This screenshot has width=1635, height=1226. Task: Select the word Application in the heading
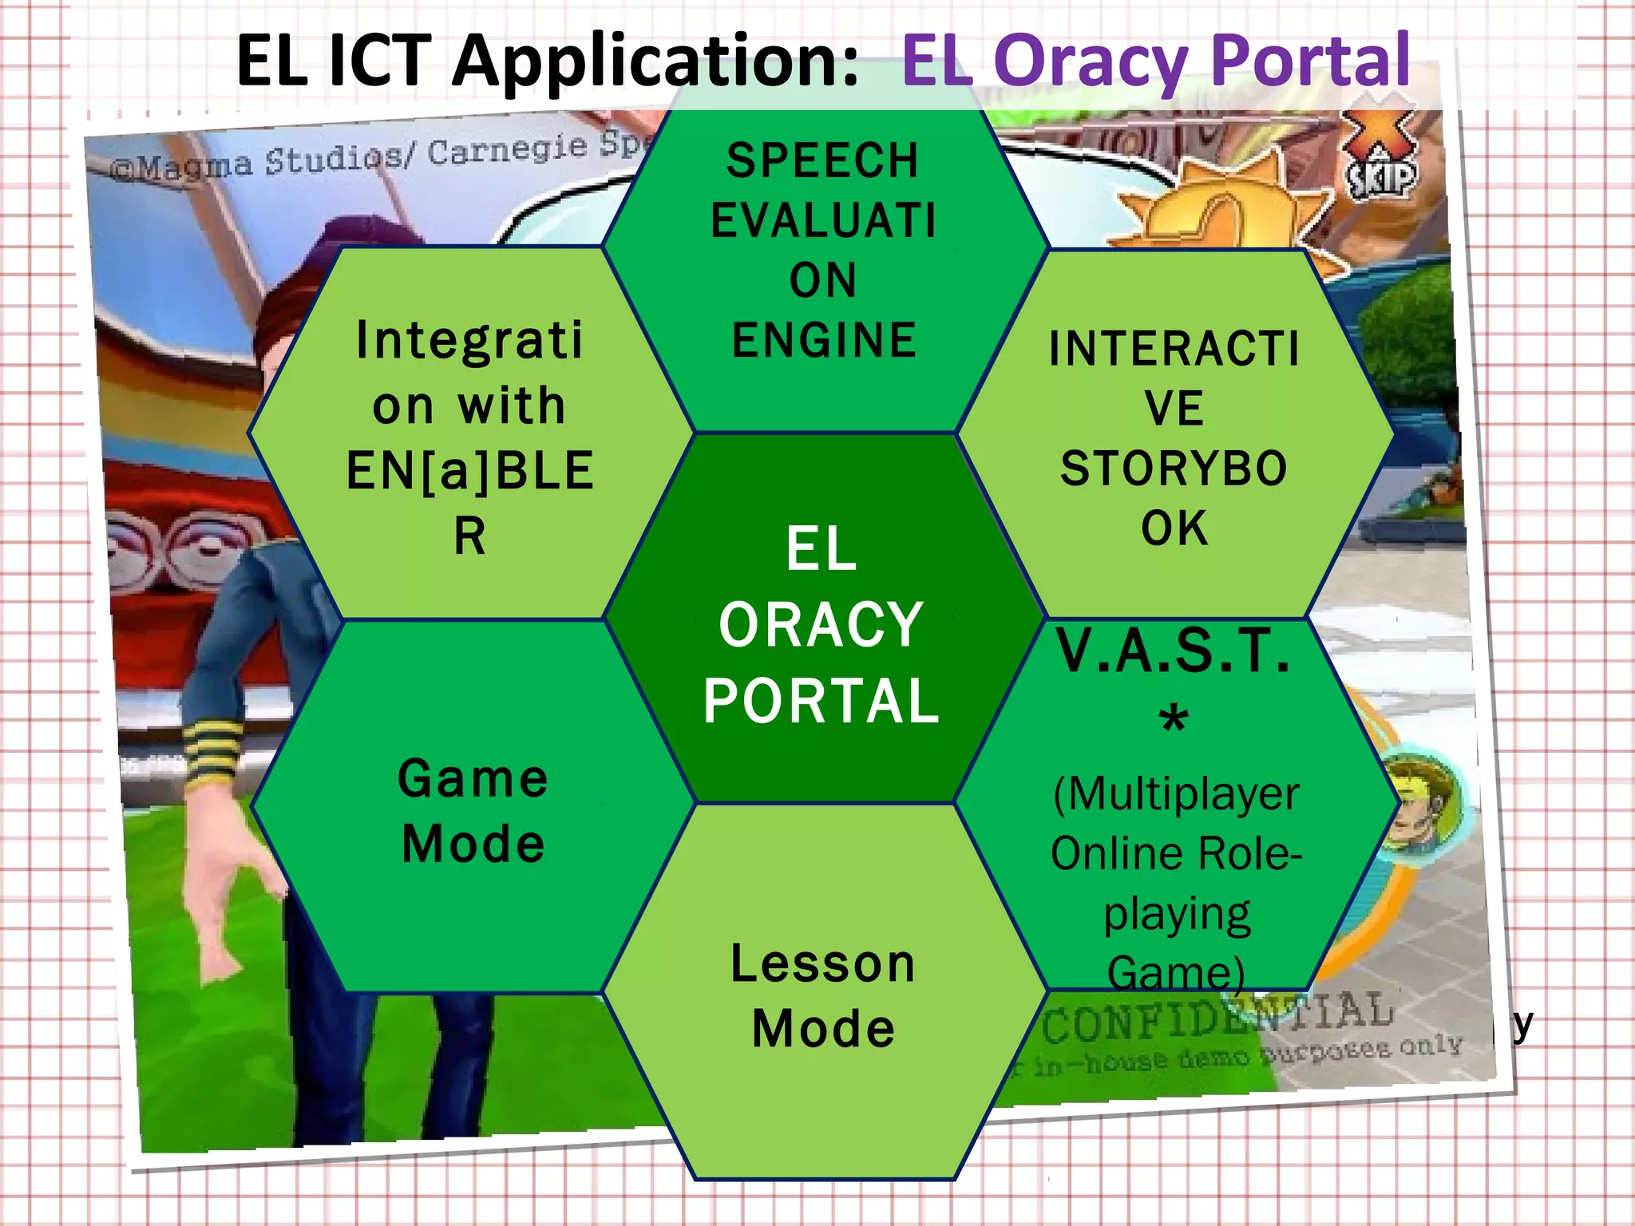pos(655,62)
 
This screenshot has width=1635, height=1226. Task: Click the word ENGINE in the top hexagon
pos(824,340)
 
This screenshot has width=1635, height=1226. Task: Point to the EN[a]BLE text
pos(470,471)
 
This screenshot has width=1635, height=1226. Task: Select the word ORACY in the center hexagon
pos(821,625)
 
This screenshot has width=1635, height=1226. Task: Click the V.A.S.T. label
pos(1174,651)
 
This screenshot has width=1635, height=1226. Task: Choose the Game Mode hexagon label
pos(473,811)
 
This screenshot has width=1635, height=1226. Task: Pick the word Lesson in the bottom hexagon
pos(823,963)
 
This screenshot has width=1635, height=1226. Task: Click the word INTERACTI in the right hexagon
pos(1174,349)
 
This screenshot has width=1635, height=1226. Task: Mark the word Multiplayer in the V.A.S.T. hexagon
pos(1176,793)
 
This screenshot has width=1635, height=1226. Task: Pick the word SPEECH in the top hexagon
pos(823,160)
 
